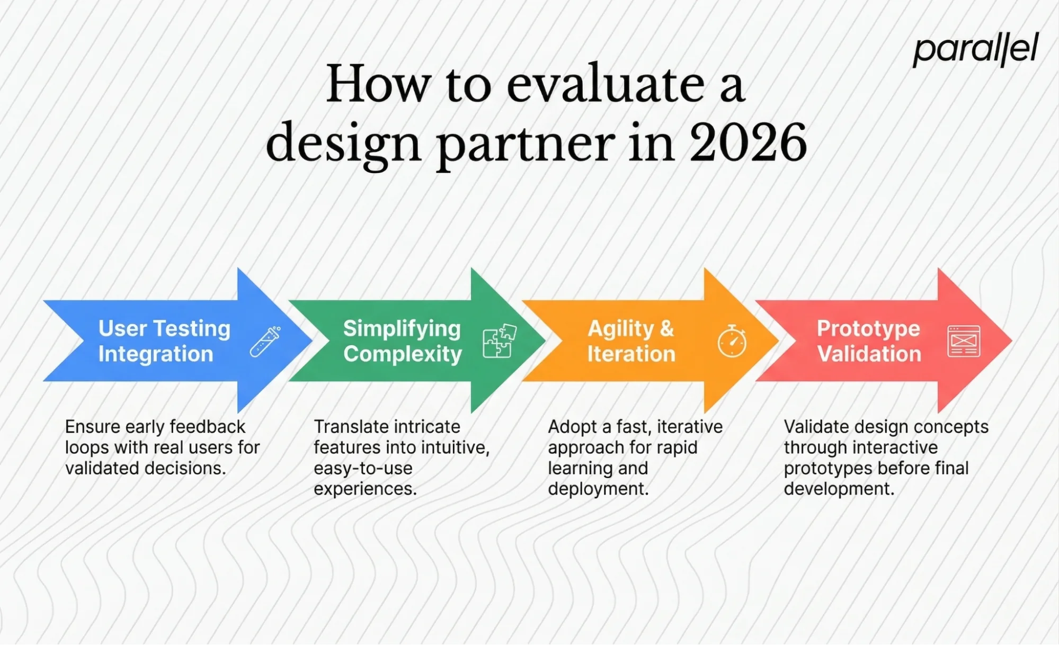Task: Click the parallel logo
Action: tap(975, 50)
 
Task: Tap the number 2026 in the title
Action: tap(748, 142)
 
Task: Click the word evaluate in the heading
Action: tap(605, 85)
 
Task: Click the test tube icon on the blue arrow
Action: tap(265, 342)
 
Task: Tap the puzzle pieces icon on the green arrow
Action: tap(499, 342)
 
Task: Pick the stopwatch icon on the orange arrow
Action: tap(732, 342)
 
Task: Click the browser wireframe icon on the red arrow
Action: tap(963, 342)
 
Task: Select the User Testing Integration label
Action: tap(164, 341)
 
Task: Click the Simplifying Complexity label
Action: tap(402, 341)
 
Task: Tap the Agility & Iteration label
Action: tap(631, 341)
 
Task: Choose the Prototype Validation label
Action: tap(869, 341)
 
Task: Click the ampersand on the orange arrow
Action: tap(667, 329)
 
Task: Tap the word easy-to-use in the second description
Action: tap(362, 468)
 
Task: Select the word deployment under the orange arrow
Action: tap(597, 489)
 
